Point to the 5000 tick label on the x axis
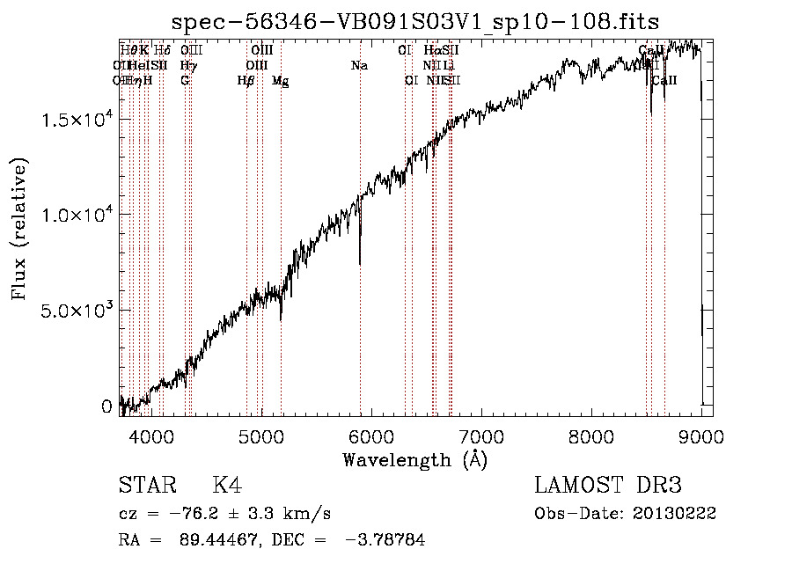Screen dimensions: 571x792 point(261,436)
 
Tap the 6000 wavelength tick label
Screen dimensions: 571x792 point(371,436)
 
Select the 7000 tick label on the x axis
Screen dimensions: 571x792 point(481,436)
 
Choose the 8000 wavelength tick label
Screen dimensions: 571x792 point(591,436)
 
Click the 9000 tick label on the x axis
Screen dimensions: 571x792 point(701,436)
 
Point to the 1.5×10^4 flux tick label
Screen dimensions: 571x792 point(77,119)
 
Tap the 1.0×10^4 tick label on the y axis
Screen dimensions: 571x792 point(77,215)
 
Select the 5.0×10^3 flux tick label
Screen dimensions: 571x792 point(77,311)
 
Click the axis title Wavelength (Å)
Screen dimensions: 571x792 point(414,459)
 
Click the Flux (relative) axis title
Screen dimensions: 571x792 point(19,229)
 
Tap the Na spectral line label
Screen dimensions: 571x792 point(359,66)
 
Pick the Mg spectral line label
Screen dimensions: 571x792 point(280,81)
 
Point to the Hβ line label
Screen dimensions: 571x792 point(246,81)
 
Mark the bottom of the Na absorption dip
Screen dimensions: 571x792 point(360,262)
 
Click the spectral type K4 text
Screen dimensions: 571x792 point(227,486)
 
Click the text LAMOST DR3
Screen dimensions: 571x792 point(608,486)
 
